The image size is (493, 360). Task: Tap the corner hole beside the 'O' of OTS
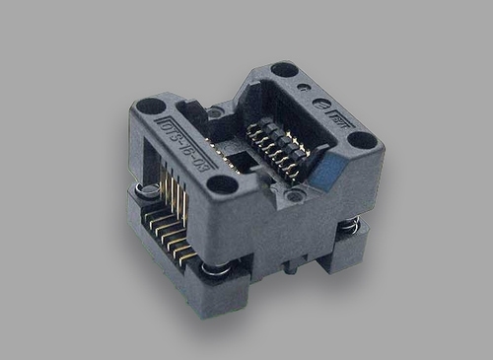150,106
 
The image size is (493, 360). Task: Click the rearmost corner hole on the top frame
284,70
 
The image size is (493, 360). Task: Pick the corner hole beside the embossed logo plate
362,140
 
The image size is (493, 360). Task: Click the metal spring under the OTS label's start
147,188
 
